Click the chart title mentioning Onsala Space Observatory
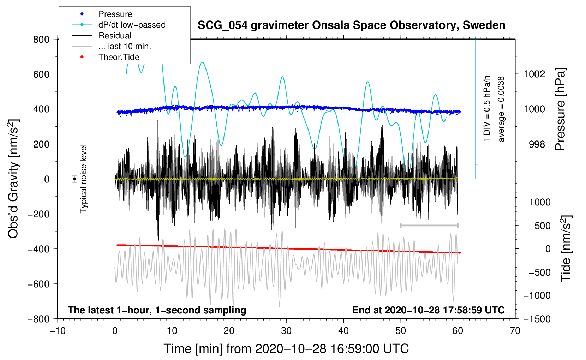click(351, 25)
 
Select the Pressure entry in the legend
click(115, 14)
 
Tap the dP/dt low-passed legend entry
click(132, 25)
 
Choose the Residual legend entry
click(115, 36)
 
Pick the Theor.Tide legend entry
click(119, 57)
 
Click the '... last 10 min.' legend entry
click(125, 46)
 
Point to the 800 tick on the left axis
click(41, 39)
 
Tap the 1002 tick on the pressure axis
click(534, 74)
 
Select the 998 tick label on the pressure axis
click(537, 144)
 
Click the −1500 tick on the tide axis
click(537, 319)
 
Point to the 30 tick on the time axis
click(286, 331)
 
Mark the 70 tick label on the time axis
click(515, 331)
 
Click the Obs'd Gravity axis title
click(13, 179)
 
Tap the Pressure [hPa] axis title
click(560, 109)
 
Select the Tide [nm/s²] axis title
click(566, 248)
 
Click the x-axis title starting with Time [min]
click(286, 349)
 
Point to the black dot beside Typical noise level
click(74, 179)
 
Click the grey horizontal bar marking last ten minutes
click(429, 225)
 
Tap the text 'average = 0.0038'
click(501, 109)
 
